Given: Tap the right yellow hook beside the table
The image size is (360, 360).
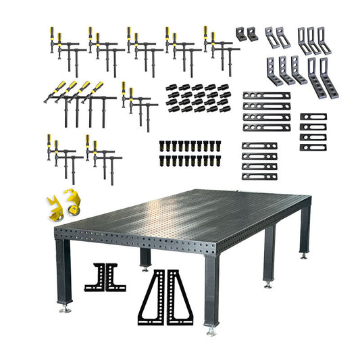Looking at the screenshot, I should (x=68, y=201).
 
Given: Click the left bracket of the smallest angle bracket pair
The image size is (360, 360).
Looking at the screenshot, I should (x=241, y=34).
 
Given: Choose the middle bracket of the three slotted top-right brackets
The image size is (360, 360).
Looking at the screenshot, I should (x=311, y=41).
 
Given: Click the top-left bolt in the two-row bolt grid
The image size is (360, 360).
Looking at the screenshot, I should (x=162, y=145).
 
